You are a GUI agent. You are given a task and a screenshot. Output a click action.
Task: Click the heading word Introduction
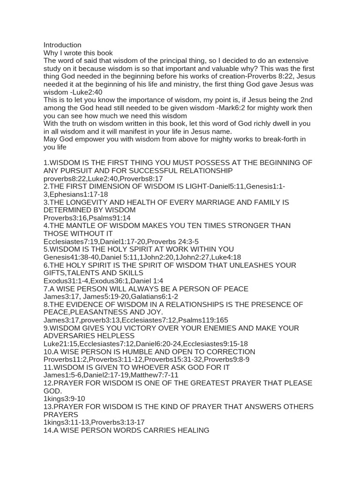pyautogui.click(x=62, y=45)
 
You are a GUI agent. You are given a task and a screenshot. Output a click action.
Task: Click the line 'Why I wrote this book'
pyautogui.click(x=78, y=53)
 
